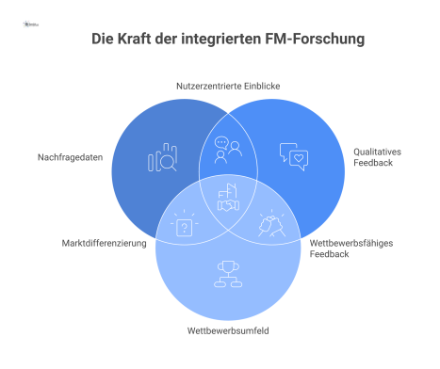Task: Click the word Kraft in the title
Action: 138,40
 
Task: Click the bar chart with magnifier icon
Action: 162,159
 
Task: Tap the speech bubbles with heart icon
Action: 293,155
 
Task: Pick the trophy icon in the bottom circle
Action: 227,273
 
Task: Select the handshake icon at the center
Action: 227,199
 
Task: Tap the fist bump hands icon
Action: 269,226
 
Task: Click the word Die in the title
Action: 103,40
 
